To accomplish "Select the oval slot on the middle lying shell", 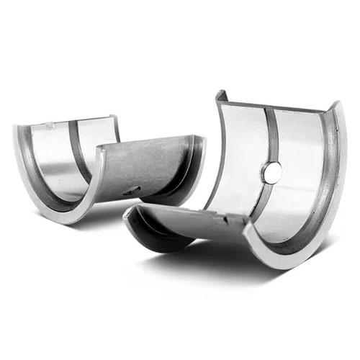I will (x=132, y=189).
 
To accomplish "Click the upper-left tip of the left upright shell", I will (x=16, y=128).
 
